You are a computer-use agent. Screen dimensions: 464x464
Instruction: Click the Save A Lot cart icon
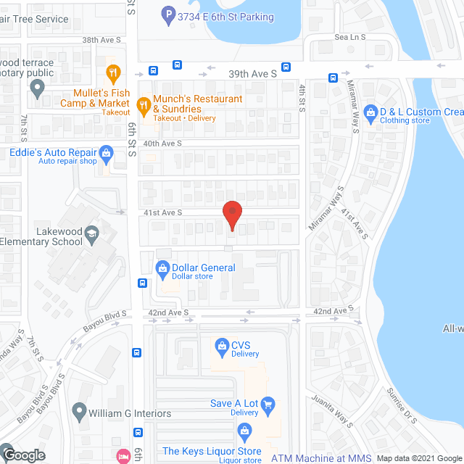tap(268, 404)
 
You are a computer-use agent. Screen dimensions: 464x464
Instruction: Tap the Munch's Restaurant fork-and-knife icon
tap(144, 104)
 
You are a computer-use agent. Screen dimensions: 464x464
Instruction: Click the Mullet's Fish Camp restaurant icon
tap(112, 72)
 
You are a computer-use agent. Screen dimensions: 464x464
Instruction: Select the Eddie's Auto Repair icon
tap(107, 153)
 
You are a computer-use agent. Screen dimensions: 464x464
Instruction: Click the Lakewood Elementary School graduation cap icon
tap(91, 233)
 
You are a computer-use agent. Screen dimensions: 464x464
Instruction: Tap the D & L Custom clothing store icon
tap(371, 112)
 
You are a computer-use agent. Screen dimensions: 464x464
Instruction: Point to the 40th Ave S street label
tap(162, 144)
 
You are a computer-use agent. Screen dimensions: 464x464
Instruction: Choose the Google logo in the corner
tap(24, 455)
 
